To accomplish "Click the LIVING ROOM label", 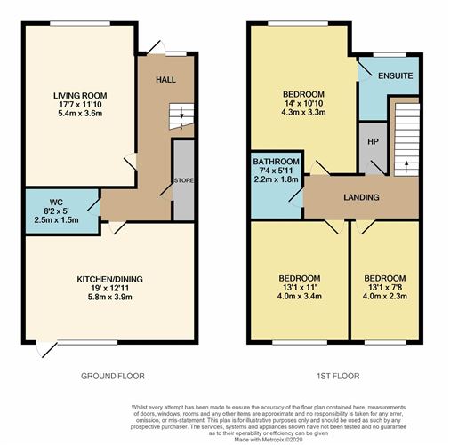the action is click(80, 96).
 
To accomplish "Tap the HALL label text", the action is click(165, 80).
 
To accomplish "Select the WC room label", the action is click(56, 203).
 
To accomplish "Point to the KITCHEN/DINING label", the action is click(109, 279).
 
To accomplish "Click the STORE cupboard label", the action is click(183, 180).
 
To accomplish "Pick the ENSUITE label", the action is click(396, 75).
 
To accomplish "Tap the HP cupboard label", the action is click(373, 142).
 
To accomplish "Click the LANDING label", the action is click(361, 197).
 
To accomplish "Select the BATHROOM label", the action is click(276, 162).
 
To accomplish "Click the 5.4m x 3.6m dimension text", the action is click(80, 113).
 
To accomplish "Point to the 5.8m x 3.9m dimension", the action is click(109, 297).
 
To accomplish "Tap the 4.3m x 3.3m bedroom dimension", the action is click(303, 112).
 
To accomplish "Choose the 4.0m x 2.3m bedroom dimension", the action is click(385, 296).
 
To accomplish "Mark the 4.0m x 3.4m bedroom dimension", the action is click(300, 296).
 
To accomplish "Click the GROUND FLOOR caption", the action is click(113, 376).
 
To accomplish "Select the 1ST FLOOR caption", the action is click(338, 376).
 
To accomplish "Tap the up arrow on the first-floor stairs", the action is click(406, 165).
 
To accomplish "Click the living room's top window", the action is click(80, 23).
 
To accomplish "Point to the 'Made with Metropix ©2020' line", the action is click(269, 440).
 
